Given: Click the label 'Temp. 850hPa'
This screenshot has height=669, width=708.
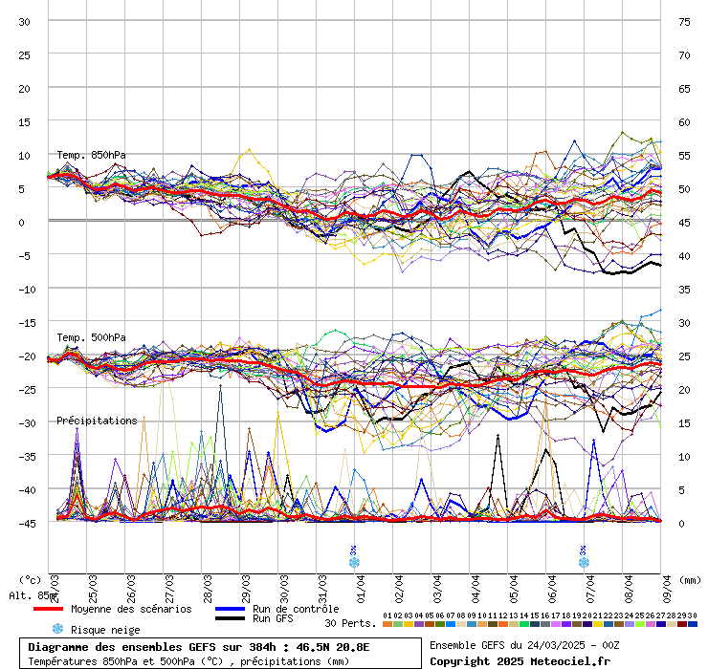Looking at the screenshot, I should pyautogui.click(x=91, y=155).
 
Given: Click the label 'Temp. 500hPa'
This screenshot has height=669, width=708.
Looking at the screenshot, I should pyautogui.click(x=91, y=337).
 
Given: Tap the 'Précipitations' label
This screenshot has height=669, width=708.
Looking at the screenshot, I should pyautogui.click(x=97, y=421).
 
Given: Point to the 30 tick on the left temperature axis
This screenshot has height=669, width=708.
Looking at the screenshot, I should pyautogui.click(x=24, y=21).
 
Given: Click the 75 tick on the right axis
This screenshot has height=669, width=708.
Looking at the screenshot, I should pyautogui.click(x=684, y=21).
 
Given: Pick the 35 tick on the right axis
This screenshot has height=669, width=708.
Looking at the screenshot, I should pyautogui.click(x=684, y=289).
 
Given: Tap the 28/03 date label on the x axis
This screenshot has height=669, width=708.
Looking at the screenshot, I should pyautogui.click(x=208, y=588).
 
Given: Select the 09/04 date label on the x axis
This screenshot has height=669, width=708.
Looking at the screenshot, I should pyautogui.click(x=666, y=588).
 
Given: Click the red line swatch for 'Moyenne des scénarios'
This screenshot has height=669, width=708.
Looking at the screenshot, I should pyautogui.click(x=48, y=609).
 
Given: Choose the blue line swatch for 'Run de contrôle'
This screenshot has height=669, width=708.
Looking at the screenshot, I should pyautogui.click(x=231, y=609).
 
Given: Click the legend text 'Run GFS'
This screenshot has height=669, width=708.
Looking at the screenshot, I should pyautogui.click(x=276, y=618).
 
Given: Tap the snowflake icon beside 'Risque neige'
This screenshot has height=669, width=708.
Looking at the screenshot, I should pyautogui.click(x=57, y=629).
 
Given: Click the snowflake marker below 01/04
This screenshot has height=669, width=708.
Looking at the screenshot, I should pyautogui.click(x=354, y=562).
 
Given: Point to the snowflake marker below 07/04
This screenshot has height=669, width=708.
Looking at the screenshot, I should pyautogui.click(x=583, y=562).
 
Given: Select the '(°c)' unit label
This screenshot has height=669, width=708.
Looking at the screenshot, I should pyautogui.click(x=31, y=579).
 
